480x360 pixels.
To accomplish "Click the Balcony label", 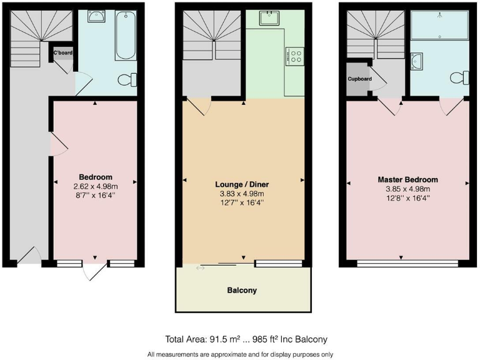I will click(241, 291).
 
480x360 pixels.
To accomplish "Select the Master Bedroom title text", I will click(407, 179).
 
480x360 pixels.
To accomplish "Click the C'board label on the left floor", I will click(62, 52).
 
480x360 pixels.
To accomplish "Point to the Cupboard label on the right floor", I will click(359, 79).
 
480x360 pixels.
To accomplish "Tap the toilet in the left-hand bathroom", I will click(129, 79).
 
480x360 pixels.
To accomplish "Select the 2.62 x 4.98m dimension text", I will click(96, 186).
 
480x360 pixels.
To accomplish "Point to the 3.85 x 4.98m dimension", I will click(407, 189).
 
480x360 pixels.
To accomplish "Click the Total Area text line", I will click(246, 339).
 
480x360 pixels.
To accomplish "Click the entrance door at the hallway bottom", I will click(29, 256).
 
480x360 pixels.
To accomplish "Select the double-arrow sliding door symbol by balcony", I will click(200, 268).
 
